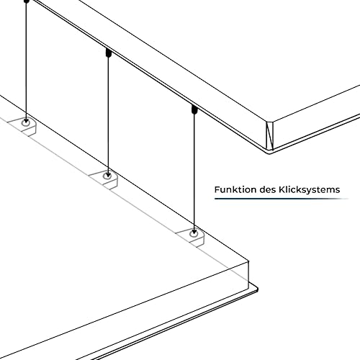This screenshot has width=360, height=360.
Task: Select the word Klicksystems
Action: point(310,189)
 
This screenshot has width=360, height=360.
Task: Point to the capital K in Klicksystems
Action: point(282,189)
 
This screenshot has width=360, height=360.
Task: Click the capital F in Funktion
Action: point(217,189)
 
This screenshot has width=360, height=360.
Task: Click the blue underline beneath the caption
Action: point(282,199)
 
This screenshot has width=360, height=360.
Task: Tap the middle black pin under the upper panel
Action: point(108,53)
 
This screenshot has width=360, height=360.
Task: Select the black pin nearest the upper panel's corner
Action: point(194,109)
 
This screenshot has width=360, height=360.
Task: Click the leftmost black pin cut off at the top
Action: point(27,1)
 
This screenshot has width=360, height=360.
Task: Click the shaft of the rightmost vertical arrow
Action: point(194,173)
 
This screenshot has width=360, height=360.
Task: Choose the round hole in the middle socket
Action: point(107,176)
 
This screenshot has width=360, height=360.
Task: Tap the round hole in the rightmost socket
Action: point(194,233)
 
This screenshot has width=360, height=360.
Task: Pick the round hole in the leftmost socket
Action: point(26,123)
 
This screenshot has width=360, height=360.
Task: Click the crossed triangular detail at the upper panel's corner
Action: point(269,135)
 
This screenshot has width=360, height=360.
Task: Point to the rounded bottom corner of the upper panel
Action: point(270,152)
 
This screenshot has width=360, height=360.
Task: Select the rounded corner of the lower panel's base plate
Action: point(256,288)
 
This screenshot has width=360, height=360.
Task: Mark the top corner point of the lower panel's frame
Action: point(248,261)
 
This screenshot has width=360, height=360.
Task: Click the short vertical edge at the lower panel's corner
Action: point(248,275)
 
